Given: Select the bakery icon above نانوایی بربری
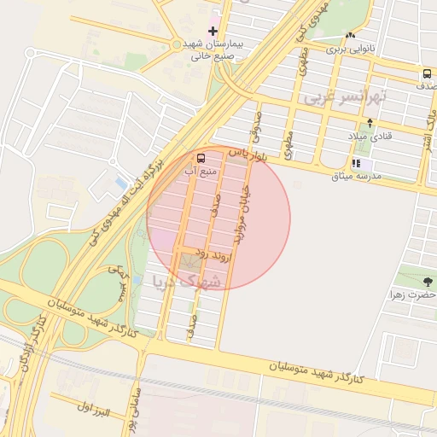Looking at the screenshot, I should pos(351,36).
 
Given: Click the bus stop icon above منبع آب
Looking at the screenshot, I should pos(201,158).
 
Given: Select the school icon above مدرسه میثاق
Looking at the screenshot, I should pos(356,163).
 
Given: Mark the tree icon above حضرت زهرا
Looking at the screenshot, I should pos(427,281).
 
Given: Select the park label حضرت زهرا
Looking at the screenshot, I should pos(413,294).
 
